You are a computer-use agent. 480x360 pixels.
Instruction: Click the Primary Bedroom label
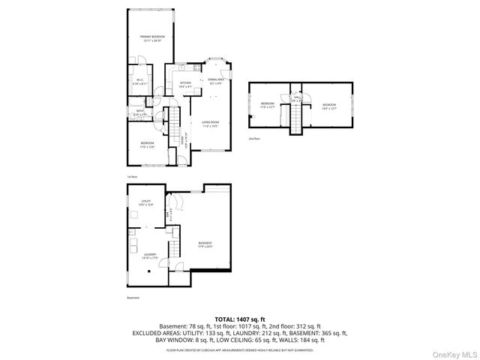point(152,38)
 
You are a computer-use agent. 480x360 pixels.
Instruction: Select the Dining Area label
point(216,82)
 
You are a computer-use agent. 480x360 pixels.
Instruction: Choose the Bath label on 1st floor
point(140,112)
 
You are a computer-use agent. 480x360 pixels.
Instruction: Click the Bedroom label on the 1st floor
point(147,144)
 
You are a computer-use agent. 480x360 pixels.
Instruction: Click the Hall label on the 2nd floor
point(296,97)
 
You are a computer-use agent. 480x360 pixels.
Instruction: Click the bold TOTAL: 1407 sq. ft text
point(240,319)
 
